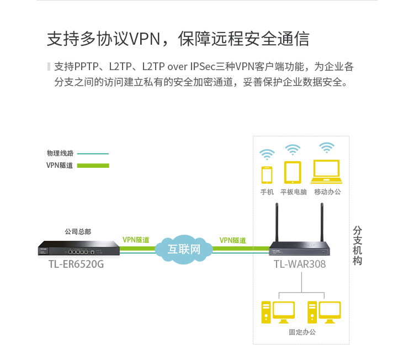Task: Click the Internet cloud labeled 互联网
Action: click(x=184, y=248)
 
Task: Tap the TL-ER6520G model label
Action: click(x=76, y=264)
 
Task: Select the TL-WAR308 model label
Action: click(x=300, y=264)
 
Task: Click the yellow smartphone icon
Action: click(x=267, y=174)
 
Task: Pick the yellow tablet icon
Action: click(x=292, y=172)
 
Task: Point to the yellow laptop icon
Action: click(x=327, y=172)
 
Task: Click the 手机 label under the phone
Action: click(x=267, y=192)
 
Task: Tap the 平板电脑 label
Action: click(x=293, y=192)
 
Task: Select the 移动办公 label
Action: click(x=327, y=192)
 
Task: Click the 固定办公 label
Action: click(x=302, y=332)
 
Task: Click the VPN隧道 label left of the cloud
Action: click(x=136, y=240)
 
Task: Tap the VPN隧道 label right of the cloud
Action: click(x=233, y=240)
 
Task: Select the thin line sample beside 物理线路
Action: click(x=93, y=153)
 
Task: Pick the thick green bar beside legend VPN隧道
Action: click(x=93, y=165)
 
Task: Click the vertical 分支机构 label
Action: click(x=358, y=245)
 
